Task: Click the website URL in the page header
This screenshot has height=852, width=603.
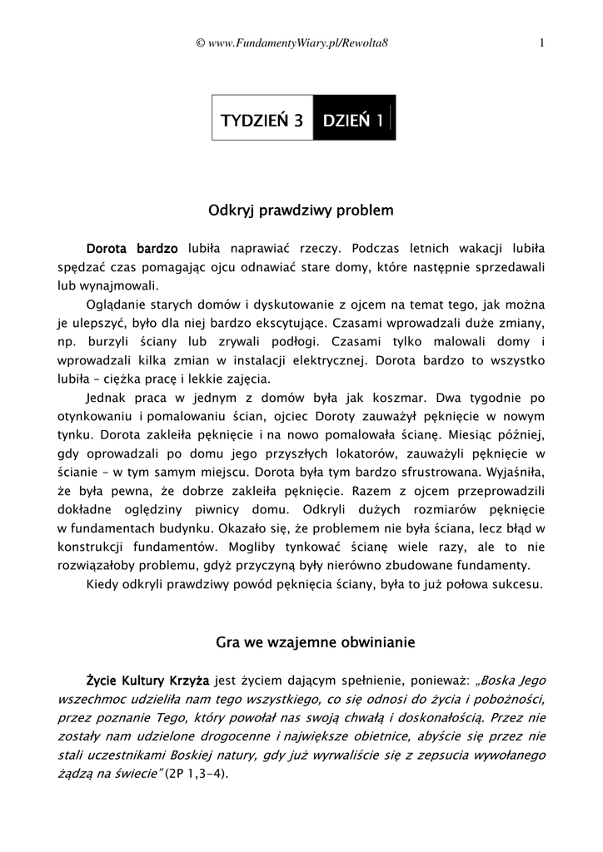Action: click(x=301, y=43)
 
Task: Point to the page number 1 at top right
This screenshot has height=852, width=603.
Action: click(x=542, y=43)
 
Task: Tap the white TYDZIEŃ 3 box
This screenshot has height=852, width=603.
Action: click(x=261, y=120)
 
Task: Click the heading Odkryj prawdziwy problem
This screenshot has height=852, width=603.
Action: click(x=301, y=211)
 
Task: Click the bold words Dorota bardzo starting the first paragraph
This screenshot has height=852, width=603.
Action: click(x=132, y=248)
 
